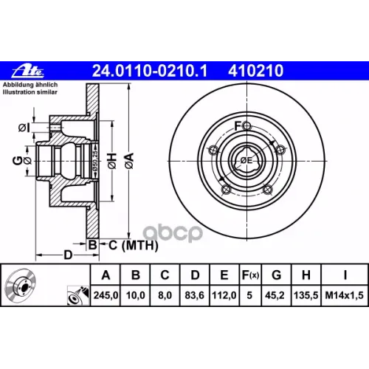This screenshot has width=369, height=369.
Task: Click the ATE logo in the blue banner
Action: point(27,72)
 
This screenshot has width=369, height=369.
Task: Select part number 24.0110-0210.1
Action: point(150,71)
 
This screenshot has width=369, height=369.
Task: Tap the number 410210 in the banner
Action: point(256,71)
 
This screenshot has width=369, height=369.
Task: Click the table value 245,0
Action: point(106,295)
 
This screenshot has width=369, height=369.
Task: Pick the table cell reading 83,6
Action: point(195,295)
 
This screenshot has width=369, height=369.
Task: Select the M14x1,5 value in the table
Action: point(345,295)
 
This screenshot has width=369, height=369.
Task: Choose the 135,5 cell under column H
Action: point(306,295)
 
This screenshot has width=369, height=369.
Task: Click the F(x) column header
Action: point(250,275)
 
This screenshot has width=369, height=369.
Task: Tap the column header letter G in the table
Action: point(277,275)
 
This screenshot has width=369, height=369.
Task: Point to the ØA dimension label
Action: point(129,161)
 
